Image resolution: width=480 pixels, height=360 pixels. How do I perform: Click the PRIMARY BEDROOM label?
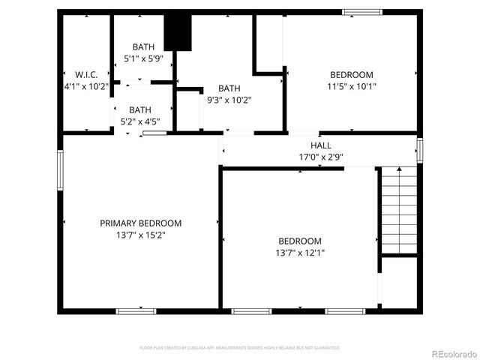pyautogui.click(x=141, y=223)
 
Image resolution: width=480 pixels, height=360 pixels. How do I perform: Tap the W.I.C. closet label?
pyautogui.click(x=86, y=74)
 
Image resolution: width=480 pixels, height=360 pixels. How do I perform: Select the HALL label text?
pyautogui.click(x=321, y=145)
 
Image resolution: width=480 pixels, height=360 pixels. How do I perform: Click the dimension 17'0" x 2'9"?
pyautogui.click(x=321, y=157)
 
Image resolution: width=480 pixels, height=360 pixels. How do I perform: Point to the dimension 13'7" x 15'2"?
pyautogui.click(x=141, y=235)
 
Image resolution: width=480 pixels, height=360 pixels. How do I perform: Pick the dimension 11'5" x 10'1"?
pyautogui.click(x=352, y=86)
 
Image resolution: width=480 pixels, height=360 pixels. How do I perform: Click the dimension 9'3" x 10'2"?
pyautogui.click(x=229, y=100)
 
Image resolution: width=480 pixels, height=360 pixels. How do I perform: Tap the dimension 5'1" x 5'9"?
pyautogui.click(x=143, y=58)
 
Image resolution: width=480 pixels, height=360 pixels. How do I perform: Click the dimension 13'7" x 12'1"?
pyautogui.click(x=300, y=253)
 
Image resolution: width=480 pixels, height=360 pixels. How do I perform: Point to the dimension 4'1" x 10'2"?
pyautogui.click(x=86, y=86)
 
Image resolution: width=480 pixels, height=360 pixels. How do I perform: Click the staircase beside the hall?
pyautogui.click(x=398, y=211)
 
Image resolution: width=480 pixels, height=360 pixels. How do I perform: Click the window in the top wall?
pyautogui.click(x=362, y=12)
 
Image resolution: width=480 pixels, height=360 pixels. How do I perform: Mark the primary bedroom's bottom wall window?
pyautogui.click(x=136, y=310)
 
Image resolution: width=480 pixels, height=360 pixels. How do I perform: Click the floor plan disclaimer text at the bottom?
pyautogui.click(x=240, y=348)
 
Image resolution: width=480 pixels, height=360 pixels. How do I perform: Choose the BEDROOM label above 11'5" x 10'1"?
pyautogui.click(x=352, y=74)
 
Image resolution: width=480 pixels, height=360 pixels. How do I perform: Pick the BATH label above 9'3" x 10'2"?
pyautogui.click(x=229, y=88)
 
